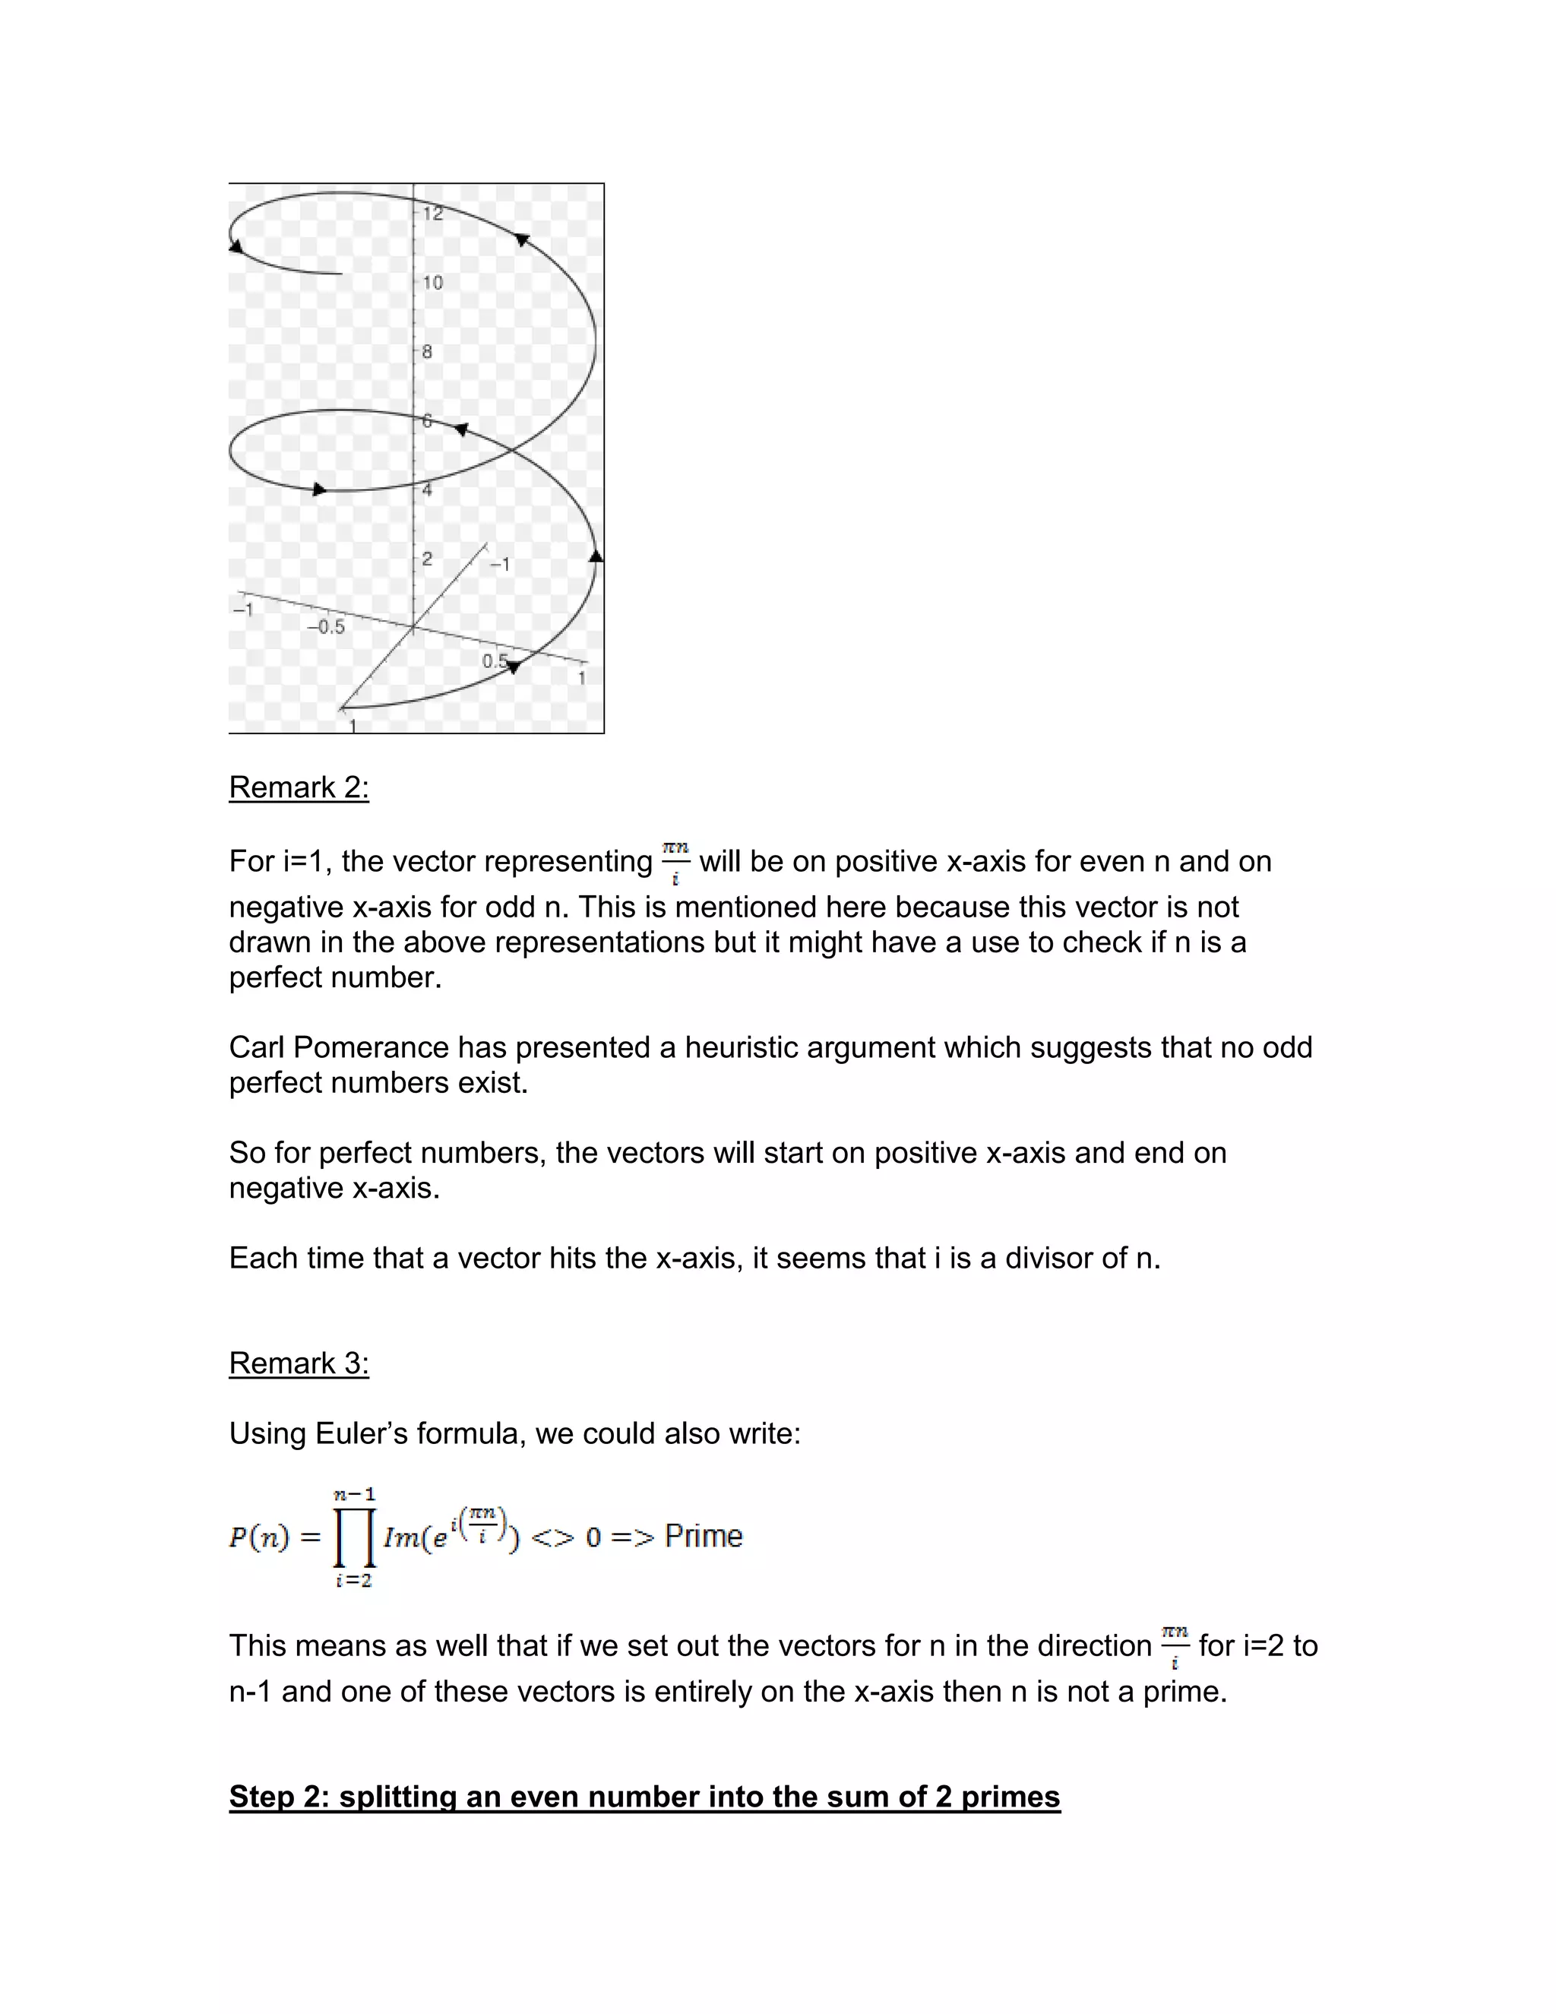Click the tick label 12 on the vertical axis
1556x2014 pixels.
pos(433,214)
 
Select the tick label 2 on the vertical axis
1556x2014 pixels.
pos(427,559)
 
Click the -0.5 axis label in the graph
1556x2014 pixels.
pos(325,627)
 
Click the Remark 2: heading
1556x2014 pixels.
pos(299,787)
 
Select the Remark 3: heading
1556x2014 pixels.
pos(299,1363)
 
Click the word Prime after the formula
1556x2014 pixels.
pos(704,1536)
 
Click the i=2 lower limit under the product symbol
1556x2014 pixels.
pos(354,1581)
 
